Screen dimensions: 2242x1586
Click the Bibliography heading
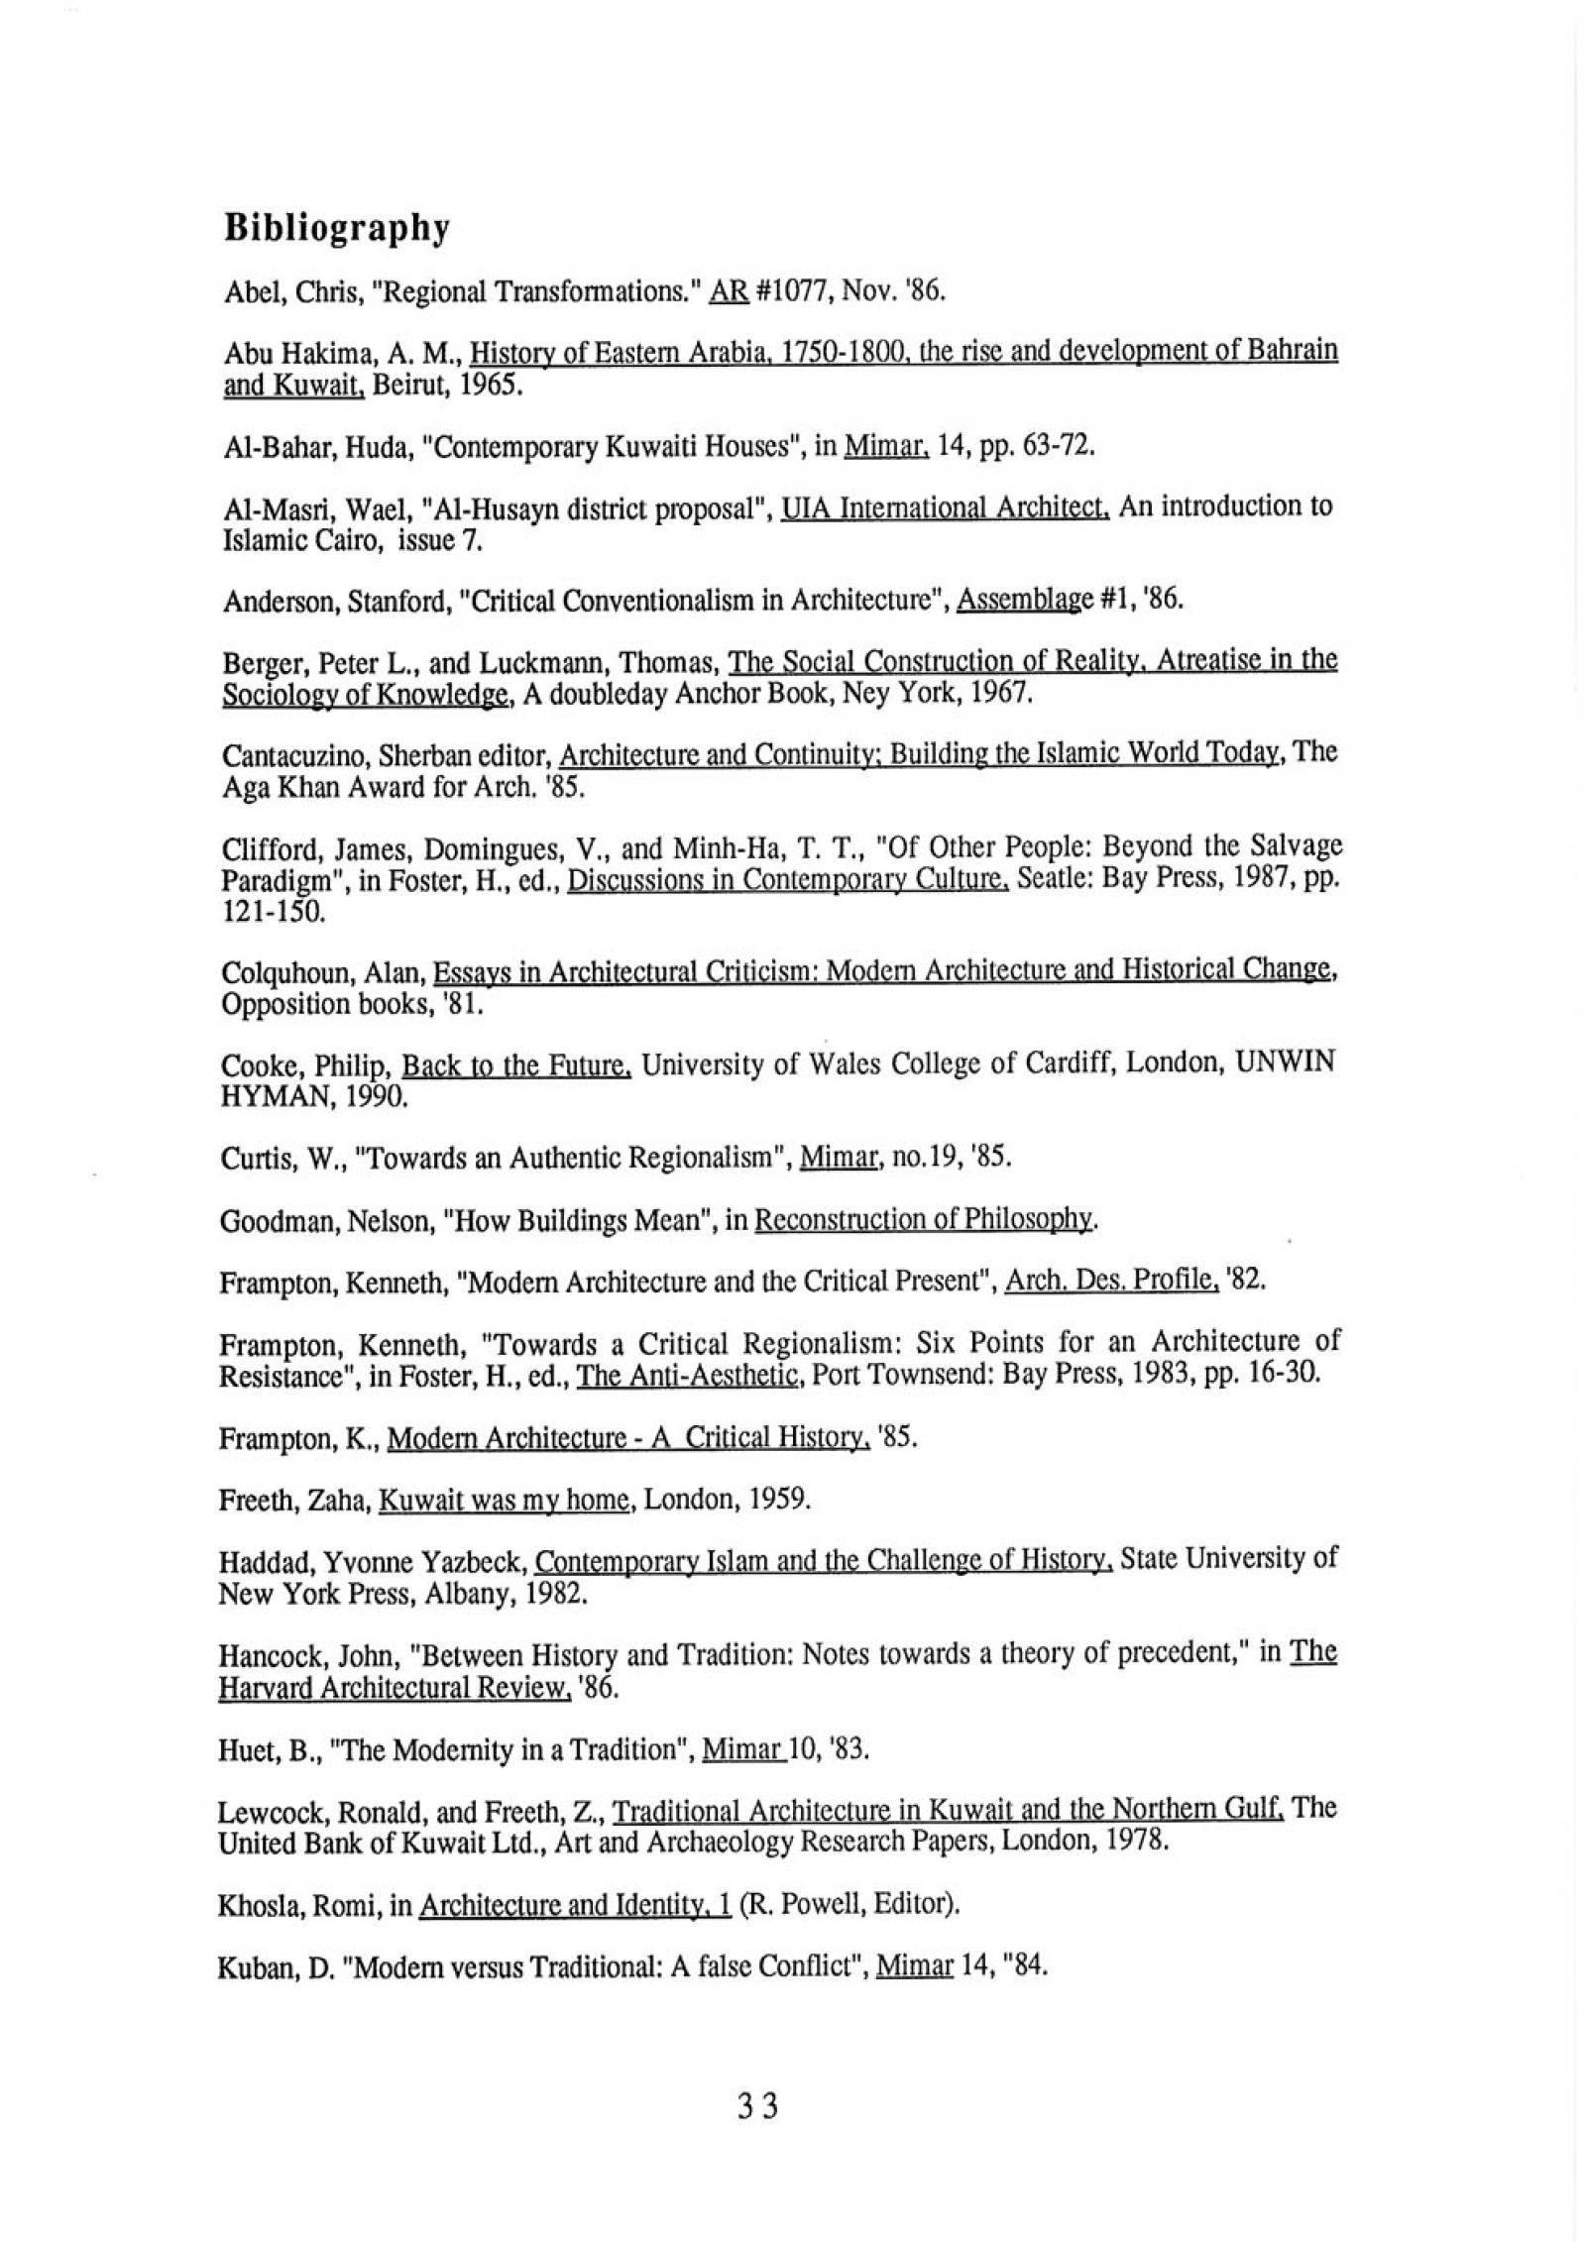pyautogui.click(x=337, y=229)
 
